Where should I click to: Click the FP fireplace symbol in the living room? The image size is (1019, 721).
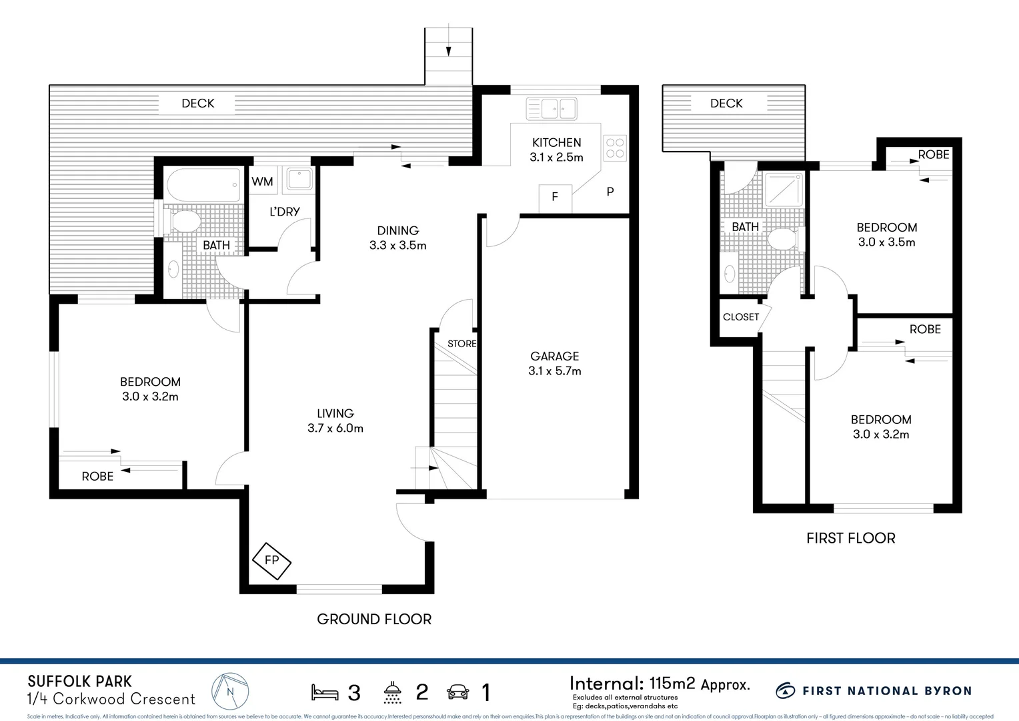coord(271,560)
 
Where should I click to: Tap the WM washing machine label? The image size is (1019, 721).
coord(262,182)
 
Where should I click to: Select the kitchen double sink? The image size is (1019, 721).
coord(551,109)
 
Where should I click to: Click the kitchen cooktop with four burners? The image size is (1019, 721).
coord(615,148)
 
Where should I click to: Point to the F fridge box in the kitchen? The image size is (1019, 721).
coord(555,197)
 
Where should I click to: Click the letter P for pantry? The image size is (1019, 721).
coord(610,192)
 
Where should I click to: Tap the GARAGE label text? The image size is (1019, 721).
coord(554,356)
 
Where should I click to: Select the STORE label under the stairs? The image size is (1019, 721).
coord(461,344)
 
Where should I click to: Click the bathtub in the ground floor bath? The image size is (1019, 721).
coord(203,185)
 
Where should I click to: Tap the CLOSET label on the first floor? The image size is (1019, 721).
coord(741,317)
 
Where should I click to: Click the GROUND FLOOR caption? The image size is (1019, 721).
coord(374,620)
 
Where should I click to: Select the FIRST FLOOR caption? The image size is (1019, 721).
coord(850,538)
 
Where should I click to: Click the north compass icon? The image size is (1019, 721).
coord(230,692)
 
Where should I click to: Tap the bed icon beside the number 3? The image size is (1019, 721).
coord(325,692)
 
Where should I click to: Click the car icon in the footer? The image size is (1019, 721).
coord(457,692)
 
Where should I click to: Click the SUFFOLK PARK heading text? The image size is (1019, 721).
coord(80,682)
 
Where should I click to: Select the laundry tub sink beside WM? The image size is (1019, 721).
coord(299,180)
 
